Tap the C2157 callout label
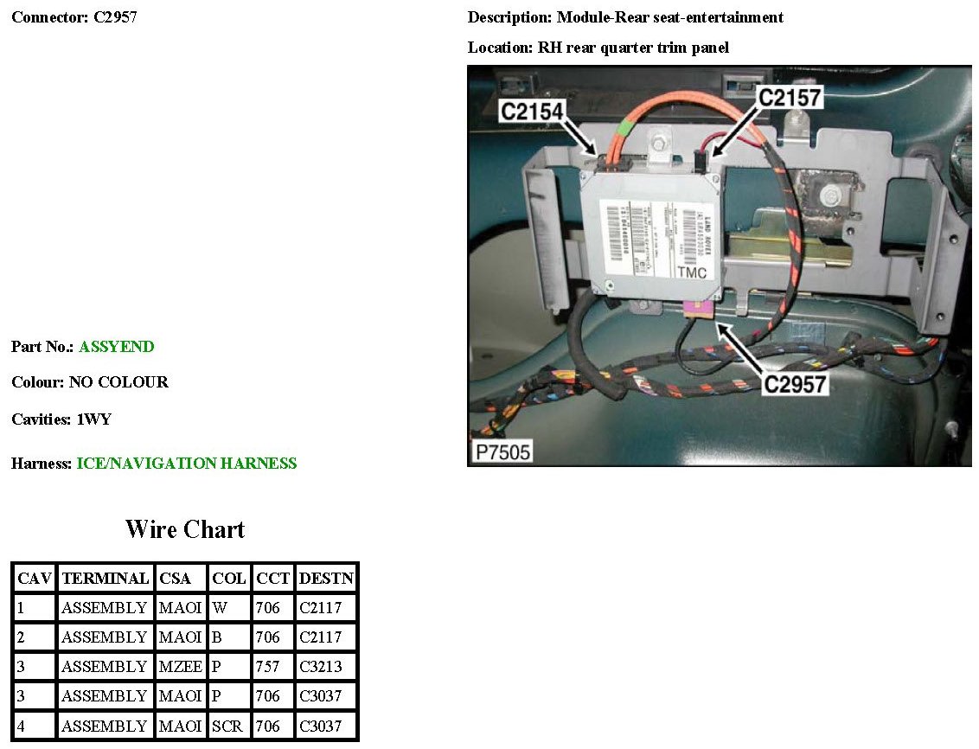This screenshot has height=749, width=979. [x=789, y=98]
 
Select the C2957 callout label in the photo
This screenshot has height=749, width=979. [x=794, y=383]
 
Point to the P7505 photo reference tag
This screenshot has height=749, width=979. [x=502, y=451]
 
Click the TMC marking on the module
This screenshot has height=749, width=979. [x=691, y=273]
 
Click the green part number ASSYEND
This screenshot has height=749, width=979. [x=116, y=347]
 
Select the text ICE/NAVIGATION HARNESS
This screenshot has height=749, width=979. [x=186, y=464]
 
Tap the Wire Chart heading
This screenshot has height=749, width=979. [x=185, y=529]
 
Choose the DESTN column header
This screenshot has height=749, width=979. [x=325, y=579]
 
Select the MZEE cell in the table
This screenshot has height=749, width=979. [x=179, y=667]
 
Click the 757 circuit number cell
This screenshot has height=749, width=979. [x=268, y=667]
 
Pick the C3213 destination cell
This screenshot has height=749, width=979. [x=320, y=667]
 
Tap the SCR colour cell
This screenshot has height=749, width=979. [x=228, y=726]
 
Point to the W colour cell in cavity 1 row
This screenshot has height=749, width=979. [x=220, y=608]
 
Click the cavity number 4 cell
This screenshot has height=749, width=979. [x=22, y=726]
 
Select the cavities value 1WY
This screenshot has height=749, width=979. [x=94, y=419]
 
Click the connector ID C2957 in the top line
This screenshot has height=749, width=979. [x=115, y=17]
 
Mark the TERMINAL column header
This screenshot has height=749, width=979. [x=105, y=579]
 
